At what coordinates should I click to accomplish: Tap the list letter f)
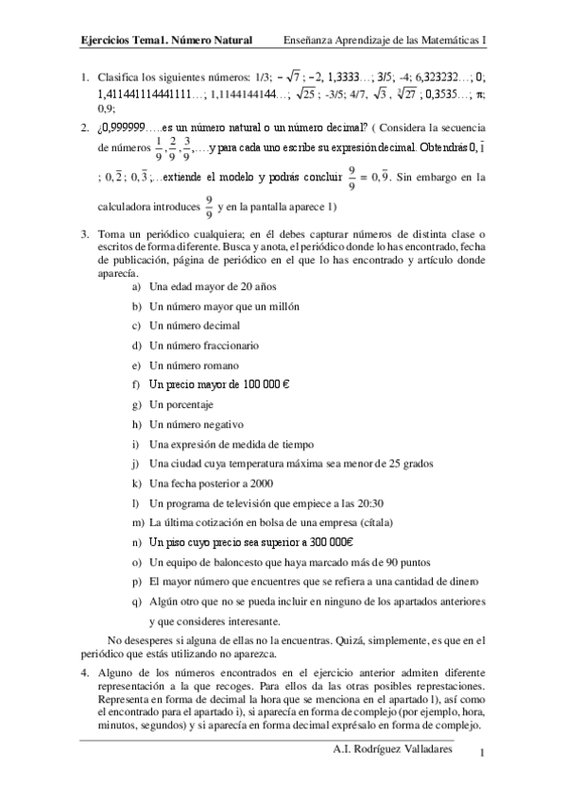[x=136, y=384]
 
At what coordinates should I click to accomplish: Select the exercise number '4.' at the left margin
[x=84, y=672]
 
